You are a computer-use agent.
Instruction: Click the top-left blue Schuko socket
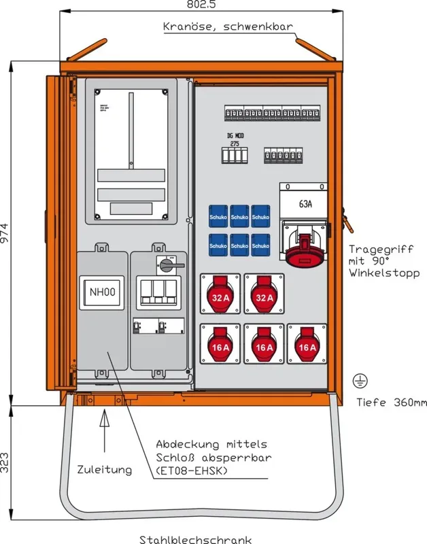coord(218,216)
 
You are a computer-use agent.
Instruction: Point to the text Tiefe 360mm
coord(392,402)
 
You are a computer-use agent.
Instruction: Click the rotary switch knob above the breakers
coord(166,262)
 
